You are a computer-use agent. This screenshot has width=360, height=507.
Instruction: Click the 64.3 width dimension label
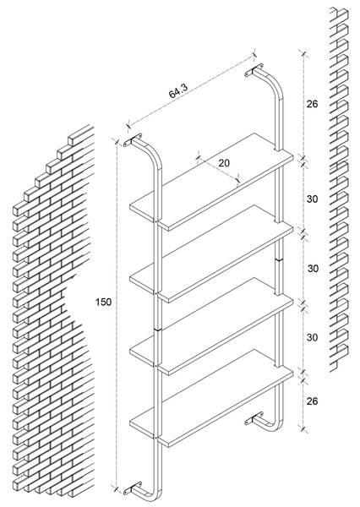pyautogui.click(x=178, y=91)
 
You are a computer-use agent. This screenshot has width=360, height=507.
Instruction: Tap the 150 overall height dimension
pyautogui.click(x=103, y=302)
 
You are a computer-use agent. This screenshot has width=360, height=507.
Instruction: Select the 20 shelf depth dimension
pyautogui.click(x=224, y=163)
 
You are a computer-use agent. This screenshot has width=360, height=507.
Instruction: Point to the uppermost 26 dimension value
pyautogui.click(x=312, y=104)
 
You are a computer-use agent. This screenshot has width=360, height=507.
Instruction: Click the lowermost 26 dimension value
pyautogui.click(x=312, y=401)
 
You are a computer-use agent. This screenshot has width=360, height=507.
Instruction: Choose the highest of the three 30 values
pyautogui.click(x=312, y=199)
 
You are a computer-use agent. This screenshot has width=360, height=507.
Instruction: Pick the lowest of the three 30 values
pyautogui.click(x=312, y=337)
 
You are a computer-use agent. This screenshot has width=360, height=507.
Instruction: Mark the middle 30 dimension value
pyautogui.click(x=313, y=269)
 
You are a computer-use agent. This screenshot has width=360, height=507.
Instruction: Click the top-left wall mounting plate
pyautogui.click(x=133, y=139)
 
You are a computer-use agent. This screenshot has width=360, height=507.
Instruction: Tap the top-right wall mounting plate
pyautogui.click(x=254, y=70)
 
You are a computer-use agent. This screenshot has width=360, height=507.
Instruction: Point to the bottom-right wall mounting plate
pyautogui.click(x=254, y=418)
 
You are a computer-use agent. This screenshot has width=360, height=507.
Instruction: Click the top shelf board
pyautogui.click(x=211, y=182)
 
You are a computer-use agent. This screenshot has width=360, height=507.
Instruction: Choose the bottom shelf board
pyautogui.click(x=211, y=398)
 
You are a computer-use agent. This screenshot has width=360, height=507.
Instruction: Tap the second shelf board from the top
pyautogui.click(x=211, y=253)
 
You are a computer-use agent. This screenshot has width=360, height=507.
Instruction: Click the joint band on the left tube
pyautogui.click(x=157, y=330)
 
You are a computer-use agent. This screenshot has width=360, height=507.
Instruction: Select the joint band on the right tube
pyautogui.click(x=279, y=259)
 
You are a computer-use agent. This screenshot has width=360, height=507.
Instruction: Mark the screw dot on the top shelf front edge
pyautogui.click(x=155, y=221)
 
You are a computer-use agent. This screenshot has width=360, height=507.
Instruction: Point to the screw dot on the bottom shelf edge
pyautogui.click(x=155, y=438)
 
